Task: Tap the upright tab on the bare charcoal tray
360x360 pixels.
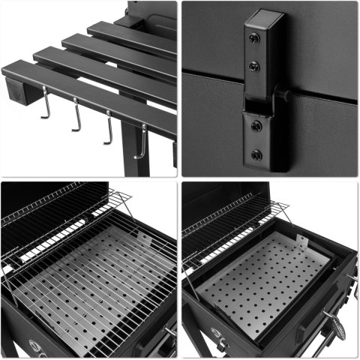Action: [301, 241]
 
